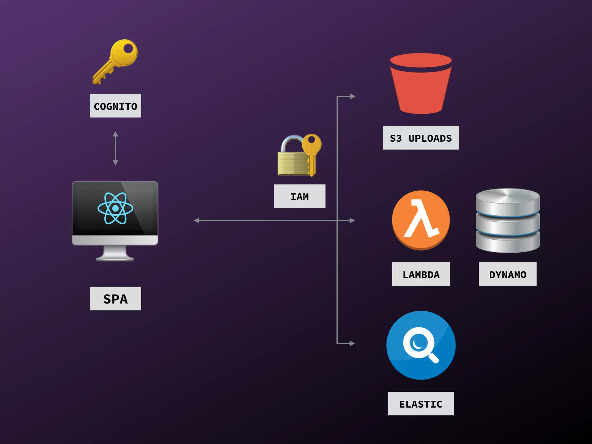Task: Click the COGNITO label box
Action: pos(115,106)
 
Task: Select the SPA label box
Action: pos(115,298)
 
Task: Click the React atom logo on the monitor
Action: pos(115,208)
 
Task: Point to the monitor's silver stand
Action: pos(115,254)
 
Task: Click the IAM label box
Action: pos(299,196)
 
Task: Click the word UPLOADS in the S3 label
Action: pos(430,138)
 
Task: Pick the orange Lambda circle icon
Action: pos(421,220)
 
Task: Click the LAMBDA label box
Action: pos(421,274)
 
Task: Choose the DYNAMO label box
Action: pos(508,274)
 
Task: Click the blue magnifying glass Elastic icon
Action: pos(421,345)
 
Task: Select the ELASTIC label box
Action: pos(421,404)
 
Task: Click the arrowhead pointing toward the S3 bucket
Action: pos(352,96)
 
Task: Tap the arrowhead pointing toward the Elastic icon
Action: pos(352,343)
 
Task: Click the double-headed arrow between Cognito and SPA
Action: pos(115,148)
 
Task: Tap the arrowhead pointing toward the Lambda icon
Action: pos(352,221)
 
